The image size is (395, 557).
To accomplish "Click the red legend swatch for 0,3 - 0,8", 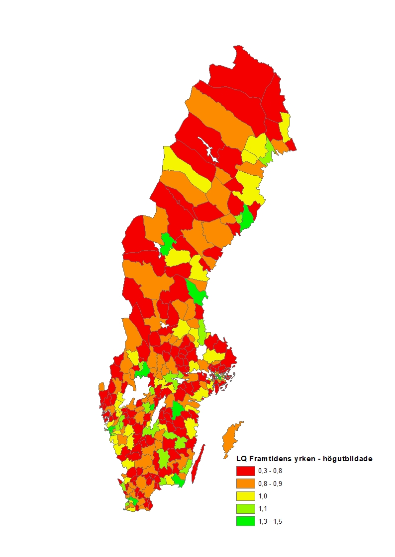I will pyautogui.click(x=246, y=471).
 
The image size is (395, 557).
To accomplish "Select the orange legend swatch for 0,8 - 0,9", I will pyautogui.click(x=246, y=484).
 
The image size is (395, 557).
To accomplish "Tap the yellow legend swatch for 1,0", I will pyautogui.click(x=246, y=496).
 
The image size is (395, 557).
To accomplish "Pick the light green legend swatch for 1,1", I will pyautogui.click(x=246, y=509).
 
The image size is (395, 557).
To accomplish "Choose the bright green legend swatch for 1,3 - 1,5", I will pyautogui.click(x=246, y=521).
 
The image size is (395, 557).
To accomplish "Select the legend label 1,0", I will pyautogui.click(x=263, y=496).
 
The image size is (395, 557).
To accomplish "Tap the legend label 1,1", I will pyautogui.click(x=263, y=509).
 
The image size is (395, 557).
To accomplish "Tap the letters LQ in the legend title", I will pyautogui.click(x=241, y=459).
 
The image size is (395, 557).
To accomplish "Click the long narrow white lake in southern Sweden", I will pyautogui.click(x=159, y=415).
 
